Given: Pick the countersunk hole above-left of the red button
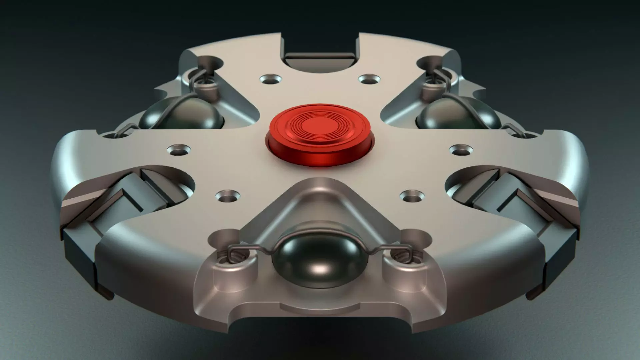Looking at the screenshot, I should coord(270,79).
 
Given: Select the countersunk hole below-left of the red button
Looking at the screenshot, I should coord(228,196).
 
